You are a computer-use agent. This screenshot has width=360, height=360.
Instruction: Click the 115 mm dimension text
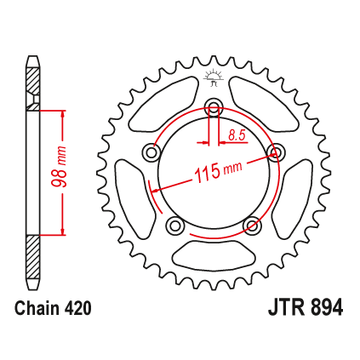click(219, 171)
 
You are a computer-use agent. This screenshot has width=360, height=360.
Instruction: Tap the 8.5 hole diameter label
click(237, 135)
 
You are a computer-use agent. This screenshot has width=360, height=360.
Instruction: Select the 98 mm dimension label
click(60, 167)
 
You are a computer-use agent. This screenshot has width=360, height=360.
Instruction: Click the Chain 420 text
click(53, 308)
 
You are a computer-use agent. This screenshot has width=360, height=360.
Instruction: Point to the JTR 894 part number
click(306, 308)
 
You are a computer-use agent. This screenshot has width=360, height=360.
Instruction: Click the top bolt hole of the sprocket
click(214, 106)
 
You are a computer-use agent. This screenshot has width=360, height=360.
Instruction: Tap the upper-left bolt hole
click(151, 152)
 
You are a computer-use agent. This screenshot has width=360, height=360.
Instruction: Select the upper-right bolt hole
click(276, 152)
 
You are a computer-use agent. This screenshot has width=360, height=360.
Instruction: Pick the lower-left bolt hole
click(175, 226)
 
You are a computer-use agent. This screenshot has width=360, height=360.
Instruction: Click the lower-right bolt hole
click(252, 226)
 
